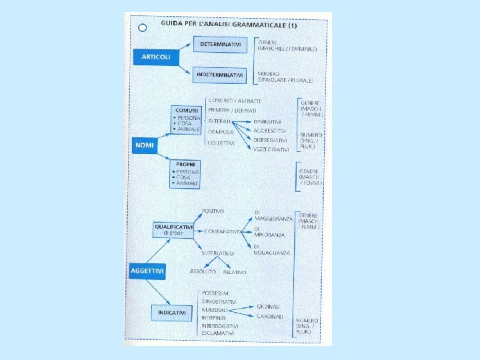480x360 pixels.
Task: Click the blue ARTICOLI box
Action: point(155,57)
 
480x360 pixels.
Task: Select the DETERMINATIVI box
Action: point(219,45)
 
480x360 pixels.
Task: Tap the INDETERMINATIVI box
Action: point(219,75)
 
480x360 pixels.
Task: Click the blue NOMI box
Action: point(144,145)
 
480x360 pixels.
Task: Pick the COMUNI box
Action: point(185,119)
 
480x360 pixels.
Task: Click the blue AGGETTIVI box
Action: point(147,271)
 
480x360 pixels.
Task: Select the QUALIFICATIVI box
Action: point(173,229)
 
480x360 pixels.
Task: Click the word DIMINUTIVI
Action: point(267,122)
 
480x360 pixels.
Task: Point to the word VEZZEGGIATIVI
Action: point(271,149)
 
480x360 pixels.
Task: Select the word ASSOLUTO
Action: point(203,272)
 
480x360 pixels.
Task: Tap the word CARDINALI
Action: point(270,316)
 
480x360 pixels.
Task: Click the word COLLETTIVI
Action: point(221,143)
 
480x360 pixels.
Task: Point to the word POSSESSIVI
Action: point(216,293)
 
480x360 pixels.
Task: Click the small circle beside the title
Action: point(142,28)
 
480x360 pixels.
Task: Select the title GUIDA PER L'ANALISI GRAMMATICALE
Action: point(228,25)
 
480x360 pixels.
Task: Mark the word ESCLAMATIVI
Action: point(219,333)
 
